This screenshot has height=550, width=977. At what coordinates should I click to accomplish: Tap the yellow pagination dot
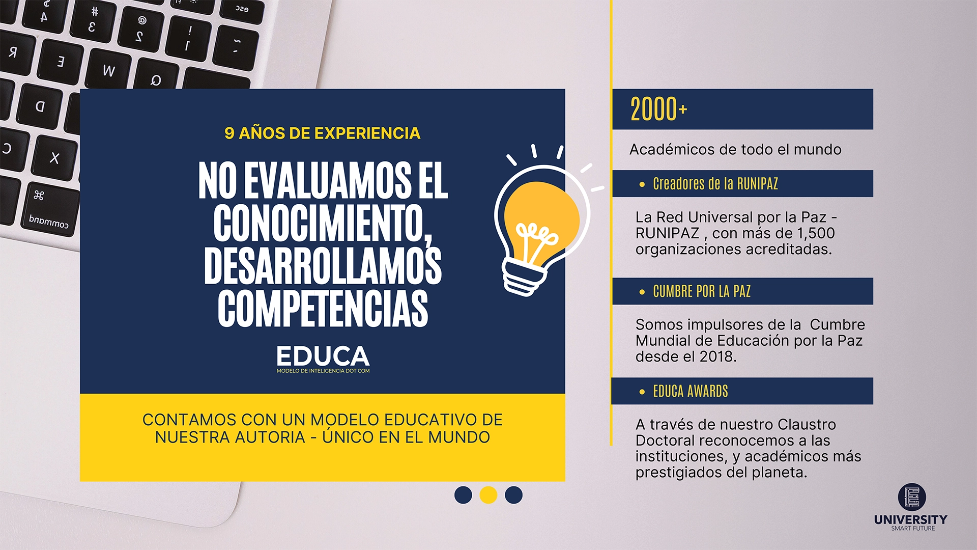click(489, 495)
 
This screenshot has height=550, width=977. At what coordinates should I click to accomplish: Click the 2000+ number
click(658, 109)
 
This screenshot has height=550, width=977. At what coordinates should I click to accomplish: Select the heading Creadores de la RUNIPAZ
click(715, 184)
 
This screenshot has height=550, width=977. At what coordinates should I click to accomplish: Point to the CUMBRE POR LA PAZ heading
click(702, 291)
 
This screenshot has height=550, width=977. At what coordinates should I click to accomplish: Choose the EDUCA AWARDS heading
click(691, 391)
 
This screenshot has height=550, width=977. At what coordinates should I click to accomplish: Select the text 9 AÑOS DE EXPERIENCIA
click(323, 133)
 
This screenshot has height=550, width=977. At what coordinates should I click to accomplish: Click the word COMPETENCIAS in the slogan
click(323, 308)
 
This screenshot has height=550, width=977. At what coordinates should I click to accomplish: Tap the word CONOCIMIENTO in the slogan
click(323, 223)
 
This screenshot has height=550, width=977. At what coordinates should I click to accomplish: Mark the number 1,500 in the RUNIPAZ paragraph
click(816, 233)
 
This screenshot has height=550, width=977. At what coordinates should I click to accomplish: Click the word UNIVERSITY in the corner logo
click(911, 519)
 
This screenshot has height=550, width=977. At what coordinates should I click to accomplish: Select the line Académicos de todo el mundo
click(735, 150)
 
